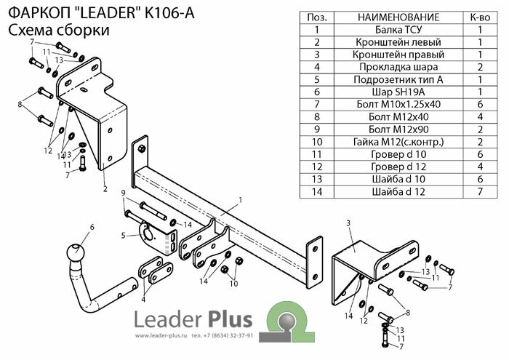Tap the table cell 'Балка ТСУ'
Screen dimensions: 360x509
(387, 30)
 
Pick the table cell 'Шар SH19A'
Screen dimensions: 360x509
(387, 92)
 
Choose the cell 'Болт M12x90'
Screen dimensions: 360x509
(387, 129)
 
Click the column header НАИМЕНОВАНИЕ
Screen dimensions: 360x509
(387, 17)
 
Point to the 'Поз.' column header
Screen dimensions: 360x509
(316, 17)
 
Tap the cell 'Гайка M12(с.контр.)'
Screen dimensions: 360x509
(387, 141)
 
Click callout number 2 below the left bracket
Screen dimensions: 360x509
(105, 190)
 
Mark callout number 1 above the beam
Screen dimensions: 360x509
(239, 199)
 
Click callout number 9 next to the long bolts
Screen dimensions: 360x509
(124, 192)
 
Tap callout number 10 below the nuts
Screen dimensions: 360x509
(234, 283)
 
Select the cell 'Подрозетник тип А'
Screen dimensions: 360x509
(387, 80)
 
